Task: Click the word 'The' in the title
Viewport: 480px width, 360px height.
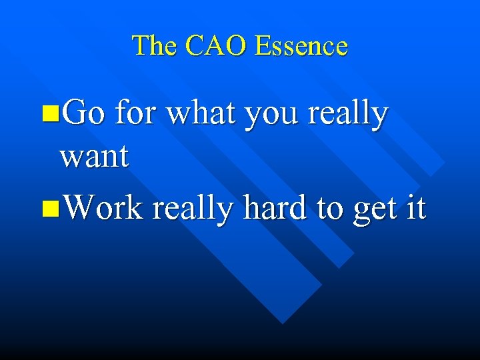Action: (155, 45)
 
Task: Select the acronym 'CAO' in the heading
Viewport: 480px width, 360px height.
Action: (217, 45)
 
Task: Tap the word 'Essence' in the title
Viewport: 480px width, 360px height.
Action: (302, 45)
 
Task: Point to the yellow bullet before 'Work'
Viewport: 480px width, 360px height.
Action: (48, 209)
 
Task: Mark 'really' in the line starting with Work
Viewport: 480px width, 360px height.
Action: (193, 209)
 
